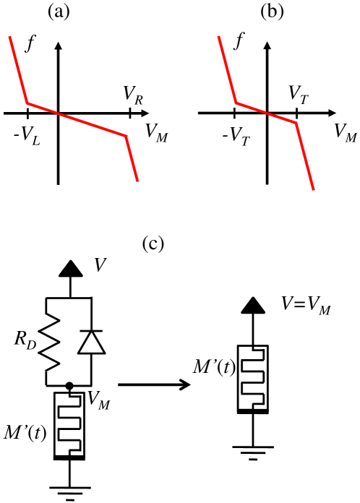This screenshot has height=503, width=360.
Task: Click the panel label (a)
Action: pos(58,12)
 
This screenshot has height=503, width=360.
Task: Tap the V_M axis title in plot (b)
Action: pos(346,132)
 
